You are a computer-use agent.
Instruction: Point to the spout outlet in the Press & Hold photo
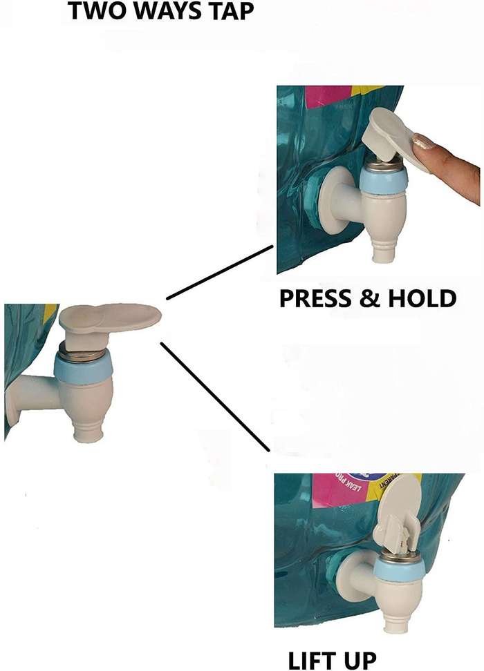click(x=382, y=255)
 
